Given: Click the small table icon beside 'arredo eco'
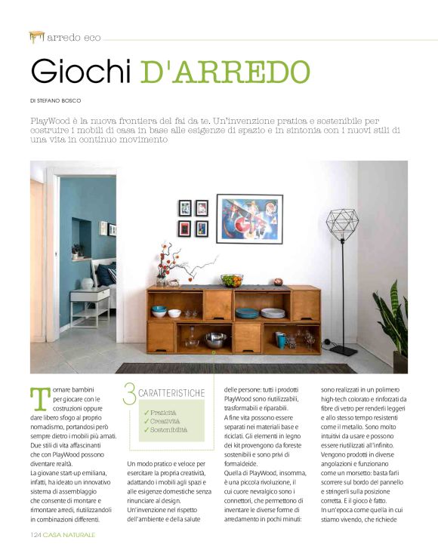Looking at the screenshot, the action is (x=36, y=36).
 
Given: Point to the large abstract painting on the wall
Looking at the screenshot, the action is (x=249, y=218).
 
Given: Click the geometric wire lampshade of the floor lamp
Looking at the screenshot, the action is (x=342, y=225).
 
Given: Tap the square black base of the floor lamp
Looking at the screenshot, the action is (x=344, y=349).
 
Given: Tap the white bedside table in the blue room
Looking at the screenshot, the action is (x=90, y=304).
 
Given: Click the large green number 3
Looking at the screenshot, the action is (x=130, y=394).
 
